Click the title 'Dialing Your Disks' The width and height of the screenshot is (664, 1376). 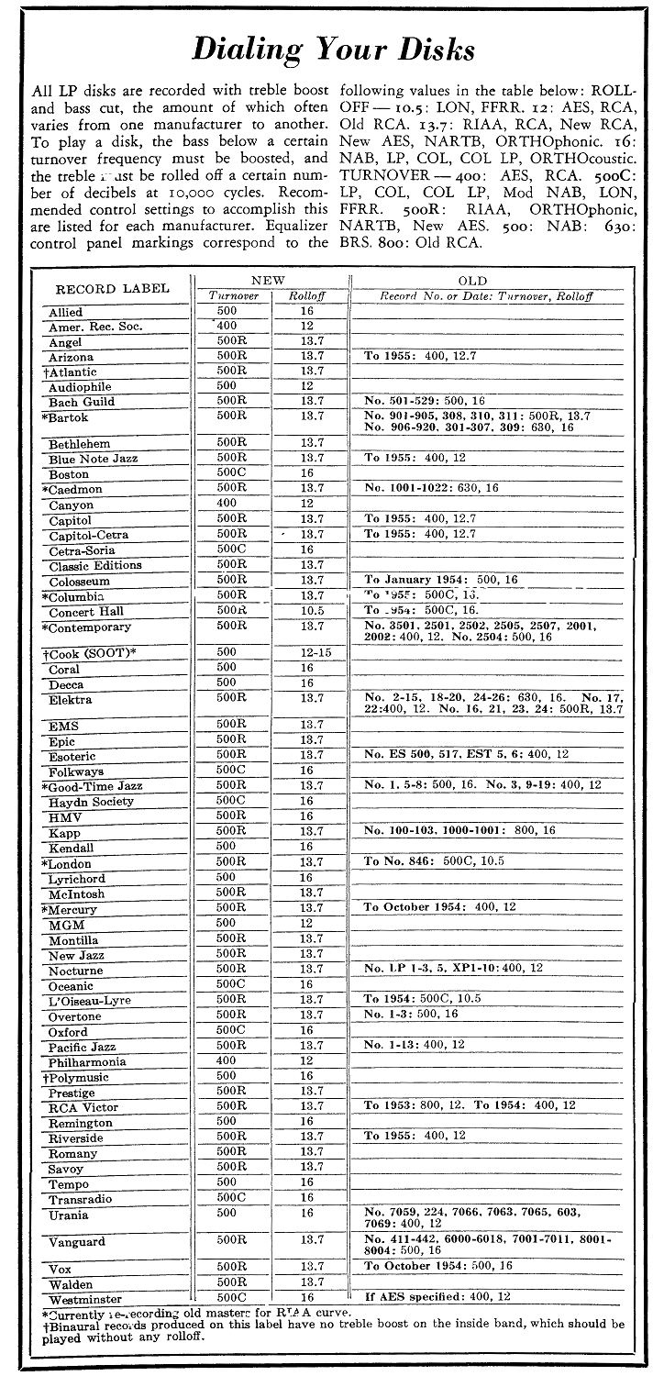pyautogui.click(x=333, y=48)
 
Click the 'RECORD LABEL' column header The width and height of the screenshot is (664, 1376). pyautogui.click(x=108, y=288)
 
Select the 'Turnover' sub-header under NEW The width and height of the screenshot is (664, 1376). pyautogui.click(x=235, y=296)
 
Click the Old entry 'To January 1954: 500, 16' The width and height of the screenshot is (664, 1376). pyautogui.click(x=441, y=580)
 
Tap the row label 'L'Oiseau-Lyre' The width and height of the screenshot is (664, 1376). pyautogui.click(x=90, y=1000)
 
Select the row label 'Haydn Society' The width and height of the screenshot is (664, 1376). pyautogui.click(x=91, y=802)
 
